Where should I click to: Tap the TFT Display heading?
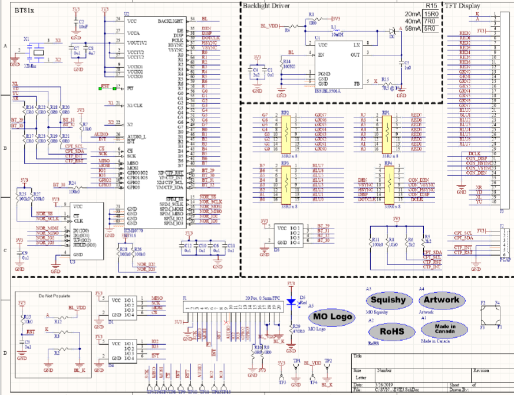463,5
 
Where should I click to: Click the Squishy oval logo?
388,300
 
